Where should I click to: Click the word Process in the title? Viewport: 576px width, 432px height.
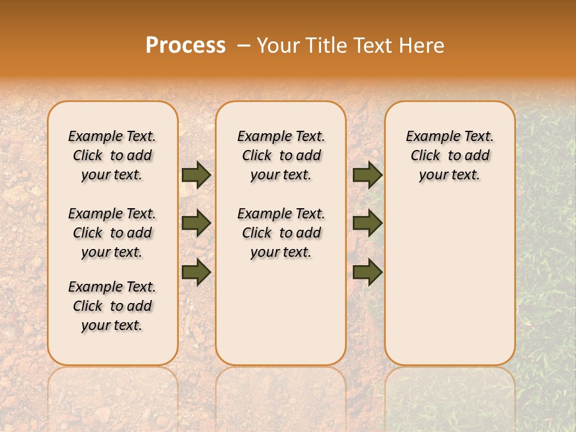(185, 46)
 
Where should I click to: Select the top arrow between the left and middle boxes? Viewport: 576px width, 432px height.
(196, 175)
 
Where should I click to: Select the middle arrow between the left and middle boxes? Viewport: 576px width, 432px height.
(196, 223)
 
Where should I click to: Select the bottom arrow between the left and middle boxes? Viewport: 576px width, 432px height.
(196, 272)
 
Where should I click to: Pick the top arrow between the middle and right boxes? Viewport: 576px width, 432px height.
(367, 175)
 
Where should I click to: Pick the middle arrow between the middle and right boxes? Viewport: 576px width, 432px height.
(367, 223)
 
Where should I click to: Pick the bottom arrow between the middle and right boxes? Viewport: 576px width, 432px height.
(367, 272)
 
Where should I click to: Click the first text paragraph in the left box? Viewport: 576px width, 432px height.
(112, 155)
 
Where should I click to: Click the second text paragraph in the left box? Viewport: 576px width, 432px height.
(112, 233)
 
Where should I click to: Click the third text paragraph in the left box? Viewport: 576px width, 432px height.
(112, 306)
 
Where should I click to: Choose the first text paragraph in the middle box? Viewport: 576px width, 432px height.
(281, 155)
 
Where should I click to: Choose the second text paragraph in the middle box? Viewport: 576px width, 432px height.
(281, 233)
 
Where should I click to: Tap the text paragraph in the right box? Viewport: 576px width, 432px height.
(450, 155)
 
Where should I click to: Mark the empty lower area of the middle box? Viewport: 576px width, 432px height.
(281, 312)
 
